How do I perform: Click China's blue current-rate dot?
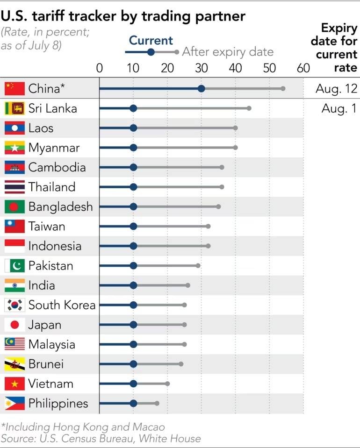(x=201, y=88)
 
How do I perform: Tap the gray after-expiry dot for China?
(x=283, y=88)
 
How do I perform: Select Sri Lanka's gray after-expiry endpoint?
(x=249, y=108)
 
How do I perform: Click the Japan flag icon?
(x=14, y=325)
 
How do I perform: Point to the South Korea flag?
(x=14, y=305)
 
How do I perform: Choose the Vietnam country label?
(x=50, y=384)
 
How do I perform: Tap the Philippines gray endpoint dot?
(x=157, y=403)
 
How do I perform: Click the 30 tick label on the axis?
(x=201, y=68)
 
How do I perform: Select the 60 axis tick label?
(x=303, y=68)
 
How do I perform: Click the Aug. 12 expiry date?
(x=336, y=88)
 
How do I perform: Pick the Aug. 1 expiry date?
(x=339, y=108)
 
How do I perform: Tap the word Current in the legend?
(x=151, y=41)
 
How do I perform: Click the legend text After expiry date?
(x=227, y=51)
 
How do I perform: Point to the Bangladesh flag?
(x=14, y=206)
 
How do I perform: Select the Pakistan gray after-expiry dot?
(x=198, y=265)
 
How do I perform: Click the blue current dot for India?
(x=133, y=285)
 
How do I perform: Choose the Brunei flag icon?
(x=14, y=364)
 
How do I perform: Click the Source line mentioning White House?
(x=101, y=438)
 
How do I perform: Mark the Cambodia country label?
(x=57, y=167)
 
